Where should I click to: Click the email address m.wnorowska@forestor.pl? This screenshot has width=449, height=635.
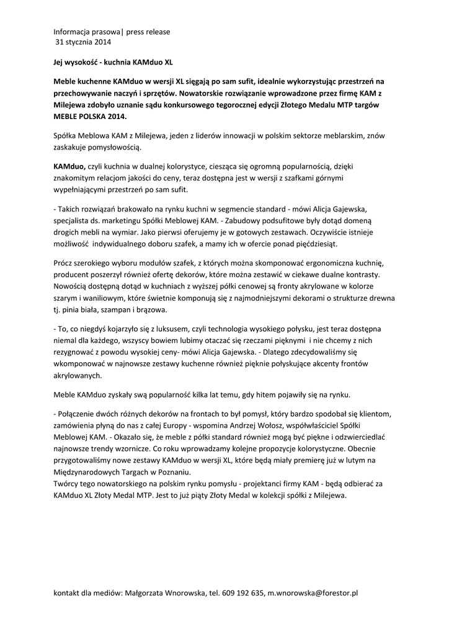tap(313, 593)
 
